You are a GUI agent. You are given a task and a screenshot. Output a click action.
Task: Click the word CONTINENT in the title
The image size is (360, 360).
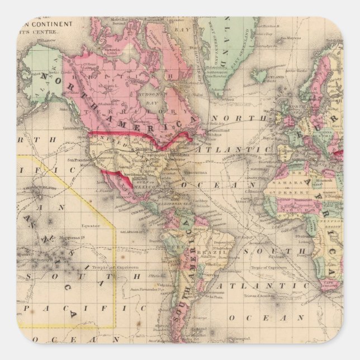tap(54, 25)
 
